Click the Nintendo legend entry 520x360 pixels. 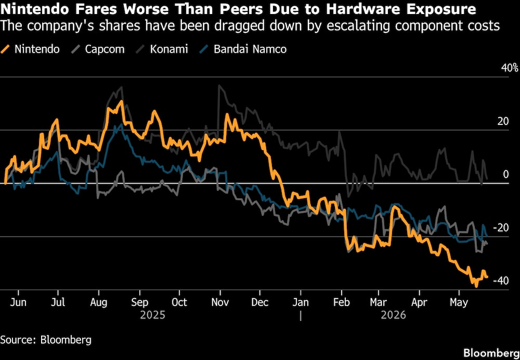[x=30, y=49]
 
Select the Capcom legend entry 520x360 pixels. [x=98, y=49]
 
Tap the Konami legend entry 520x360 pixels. [x=162, y=49]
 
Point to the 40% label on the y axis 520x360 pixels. [x=510, y=68]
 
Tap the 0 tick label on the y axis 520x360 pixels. [x=506, y=174]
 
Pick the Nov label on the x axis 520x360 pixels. [x=220, y=302]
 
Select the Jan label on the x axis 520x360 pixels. [x=301, y=302]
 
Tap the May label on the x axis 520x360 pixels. [x=459, y=303]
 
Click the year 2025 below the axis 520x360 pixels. [x=152, y=315]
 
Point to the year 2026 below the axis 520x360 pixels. [x=393, y=315]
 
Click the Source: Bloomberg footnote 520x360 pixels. [x=46, y=340]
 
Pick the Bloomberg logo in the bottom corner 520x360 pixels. [x=491, y=352]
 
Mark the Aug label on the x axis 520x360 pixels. [x=98, y=303]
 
